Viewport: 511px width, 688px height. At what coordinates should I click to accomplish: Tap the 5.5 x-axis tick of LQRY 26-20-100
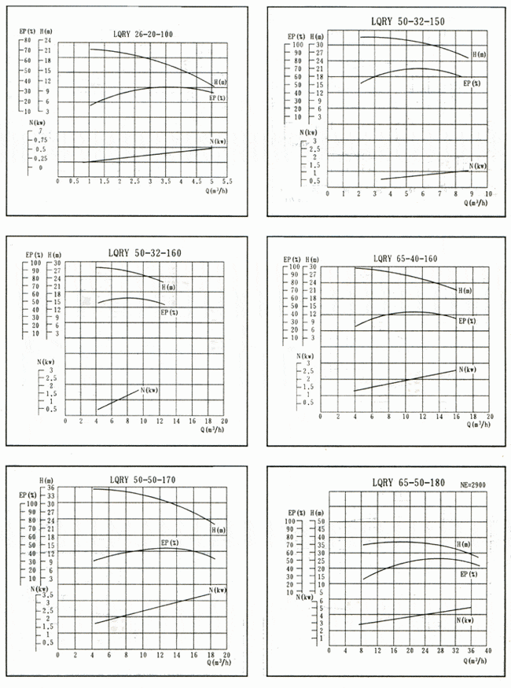pyautogui.click(x=226, y=181)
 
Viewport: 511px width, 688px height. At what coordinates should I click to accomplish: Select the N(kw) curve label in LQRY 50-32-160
pyautogui.click(x=149, y=390)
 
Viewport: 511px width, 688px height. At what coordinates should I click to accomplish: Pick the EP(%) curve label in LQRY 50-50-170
pyautogui.click(x=170, y=543)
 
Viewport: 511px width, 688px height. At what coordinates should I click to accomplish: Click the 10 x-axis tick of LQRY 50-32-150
pyautogui.click(x=488, y=193)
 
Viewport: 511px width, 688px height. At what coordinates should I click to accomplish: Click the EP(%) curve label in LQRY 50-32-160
pyautogui.click(x=169, y=312)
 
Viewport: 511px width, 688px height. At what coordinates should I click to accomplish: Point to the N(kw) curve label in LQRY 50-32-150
pyautogui.click(x=478, y=166)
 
